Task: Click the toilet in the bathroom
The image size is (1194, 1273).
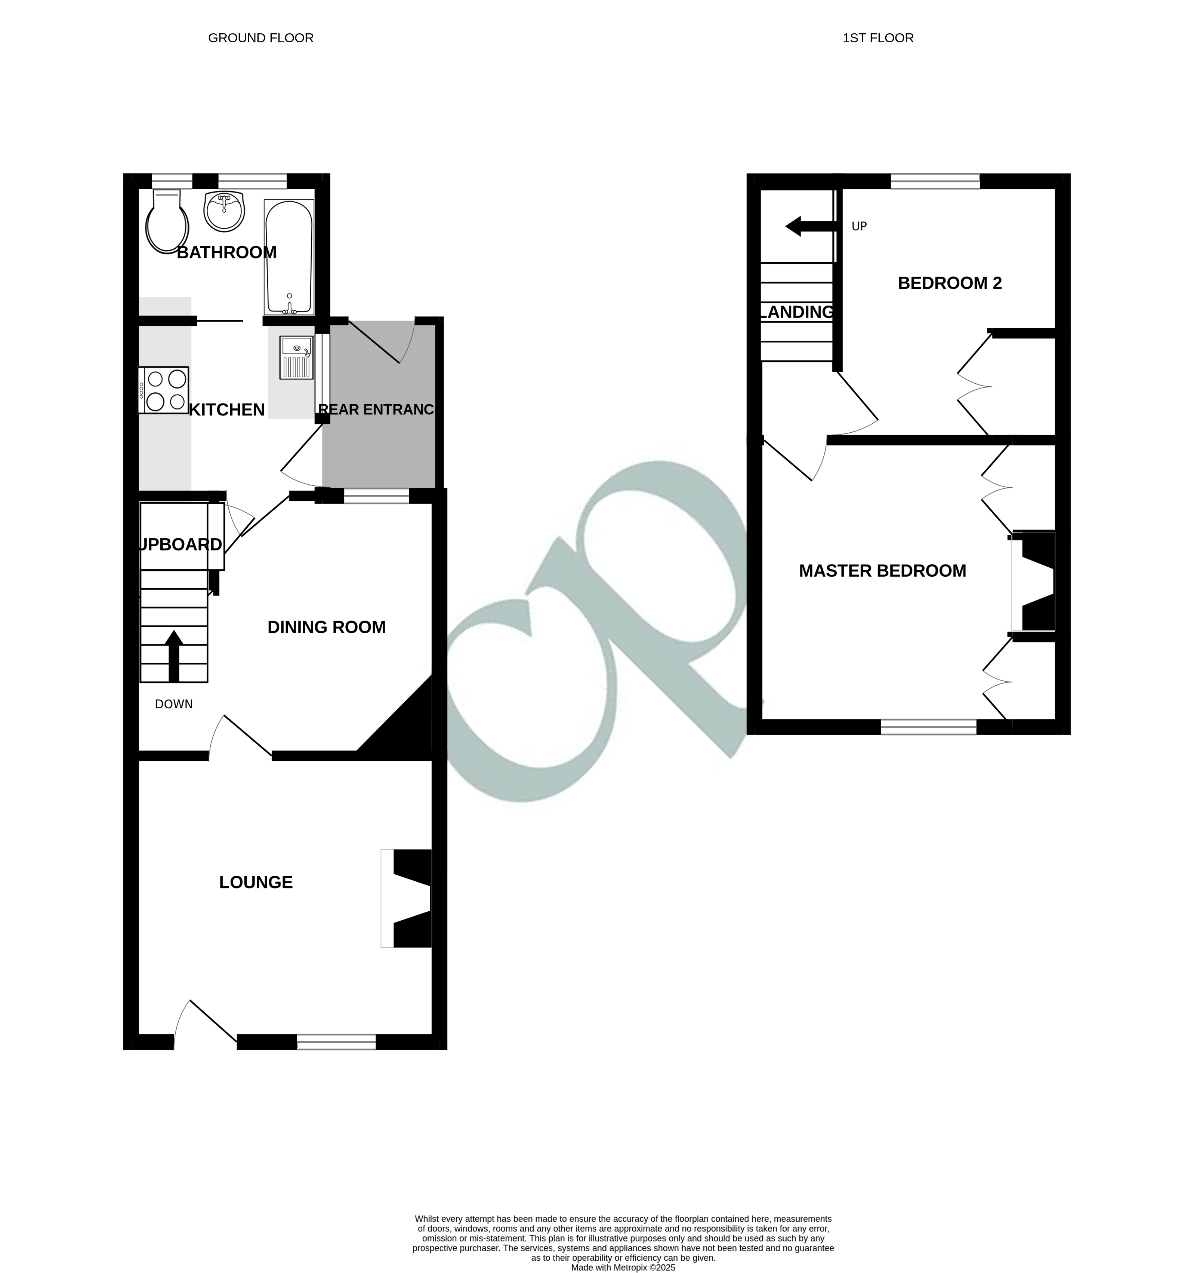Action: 167,223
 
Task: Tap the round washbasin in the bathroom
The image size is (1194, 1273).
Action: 225,211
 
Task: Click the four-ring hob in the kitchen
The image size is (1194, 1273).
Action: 164,390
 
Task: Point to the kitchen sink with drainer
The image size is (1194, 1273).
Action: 296,357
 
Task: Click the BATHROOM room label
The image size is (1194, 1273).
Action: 226,252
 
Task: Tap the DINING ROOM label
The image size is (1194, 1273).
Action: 326,627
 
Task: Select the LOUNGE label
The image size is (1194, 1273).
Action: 256,883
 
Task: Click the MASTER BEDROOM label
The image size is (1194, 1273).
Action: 882,571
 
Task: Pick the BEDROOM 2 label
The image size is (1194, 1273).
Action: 950,283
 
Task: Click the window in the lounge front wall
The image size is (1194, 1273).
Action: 336,1042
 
